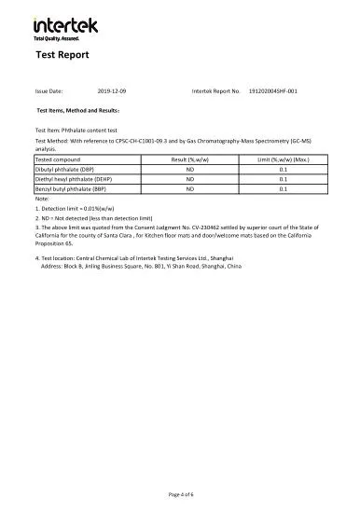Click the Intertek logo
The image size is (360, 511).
point(64,25)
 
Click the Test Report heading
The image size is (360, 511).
point(62,55)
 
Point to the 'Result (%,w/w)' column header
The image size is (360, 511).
point(189,160)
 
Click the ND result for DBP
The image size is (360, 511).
point(189,170)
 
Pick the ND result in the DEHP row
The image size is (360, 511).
point(189,179)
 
